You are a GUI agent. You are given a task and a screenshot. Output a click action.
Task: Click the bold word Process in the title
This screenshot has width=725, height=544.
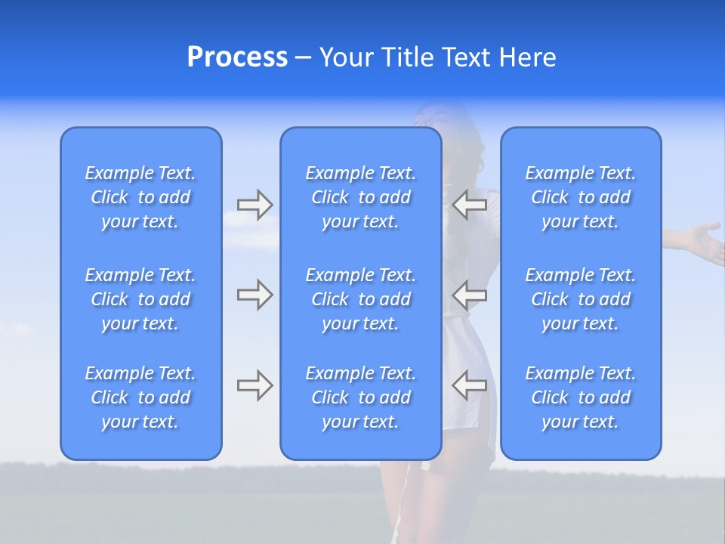point(237,57)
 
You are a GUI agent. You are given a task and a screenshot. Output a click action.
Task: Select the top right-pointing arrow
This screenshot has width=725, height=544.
point(255,203)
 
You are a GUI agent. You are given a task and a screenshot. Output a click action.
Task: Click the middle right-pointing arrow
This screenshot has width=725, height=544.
point(255,294)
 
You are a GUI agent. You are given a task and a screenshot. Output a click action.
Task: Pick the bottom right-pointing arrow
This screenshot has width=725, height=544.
point(255,385)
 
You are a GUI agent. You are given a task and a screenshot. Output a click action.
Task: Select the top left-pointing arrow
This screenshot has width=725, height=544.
point(470,203)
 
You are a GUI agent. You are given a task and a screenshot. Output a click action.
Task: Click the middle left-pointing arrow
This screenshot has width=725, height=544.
point(470,294)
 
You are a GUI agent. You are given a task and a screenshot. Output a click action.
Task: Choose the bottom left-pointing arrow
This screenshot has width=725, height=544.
point(470,385)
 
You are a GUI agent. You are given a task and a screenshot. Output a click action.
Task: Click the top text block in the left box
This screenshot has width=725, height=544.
point(140,197)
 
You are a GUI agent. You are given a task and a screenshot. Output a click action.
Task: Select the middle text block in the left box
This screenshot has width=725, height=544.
point(140,299)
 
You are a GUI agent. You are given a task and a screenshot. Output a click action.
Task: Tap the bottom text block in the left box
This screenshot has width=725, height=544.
point(140,397)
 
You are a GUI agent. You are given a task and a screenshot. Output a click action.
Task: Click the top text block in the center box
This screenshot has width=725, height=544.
point(360,197)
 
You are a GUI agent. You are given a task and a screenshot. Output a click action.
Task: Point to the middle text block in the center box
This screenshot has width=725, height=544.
point(360,299)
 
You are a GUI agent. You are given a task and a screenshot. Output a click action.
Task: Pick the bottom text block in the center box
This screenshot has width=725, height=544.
point(360,397)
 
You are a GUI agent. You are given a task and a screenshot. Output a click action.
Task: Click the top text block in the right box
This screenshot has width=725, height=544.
point(580,197)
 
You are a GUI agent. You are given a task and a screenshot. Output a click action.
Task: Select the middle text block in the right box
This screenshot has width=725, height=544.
point(580,299)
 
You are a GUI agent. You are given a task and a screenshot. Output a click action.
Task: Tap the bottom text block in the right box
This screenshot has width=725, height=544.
point(580,397)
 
